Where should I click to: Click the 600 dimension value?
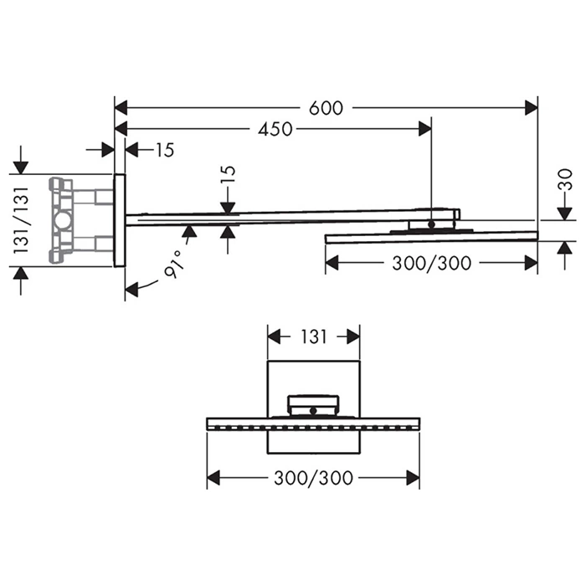point(326,108)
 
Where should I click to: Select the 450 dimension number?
point(275,129)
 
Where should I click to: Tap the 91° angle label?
point(174,264)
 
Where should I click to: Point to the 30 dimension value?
point(565,179)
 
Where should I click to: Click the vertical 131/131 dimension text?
point(21,220)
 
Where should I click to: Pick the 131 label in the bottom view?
point(314,337)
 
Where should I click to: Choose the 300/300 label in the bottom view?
point(313,478)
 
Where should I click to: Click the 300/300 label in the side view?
point(431,263)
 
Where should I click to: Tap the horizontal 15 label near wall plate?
point(165,150)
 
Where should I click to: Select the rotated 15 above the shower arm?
point(229,174)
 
